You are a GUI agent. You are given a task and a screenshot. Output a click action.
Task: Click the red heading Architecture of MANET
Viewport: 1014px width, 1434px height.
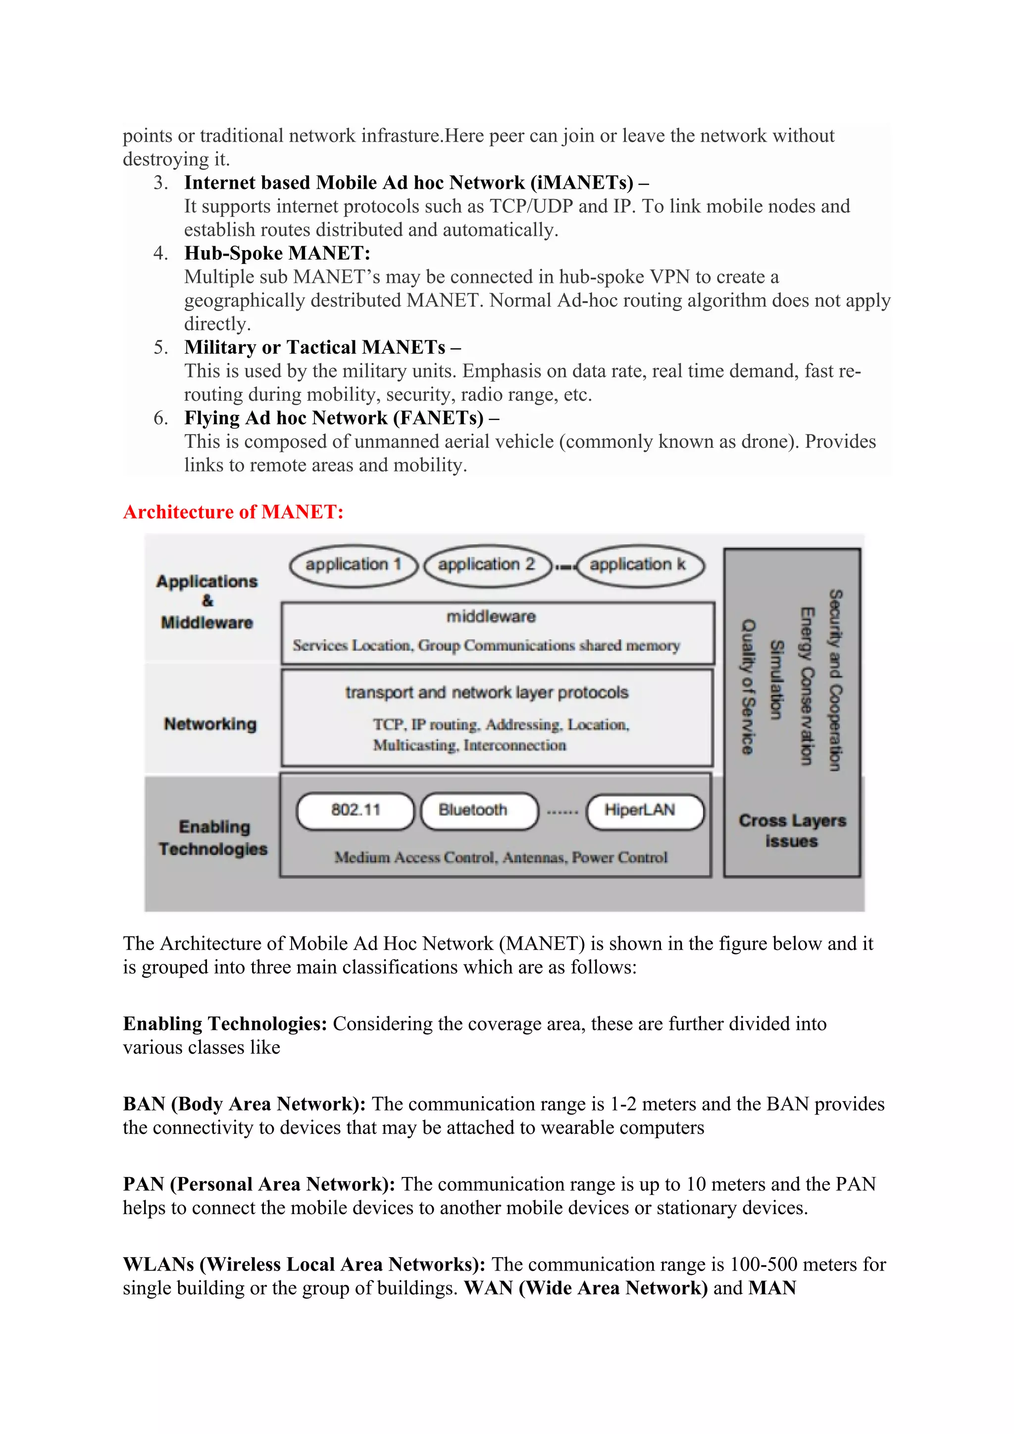(x=233, y=512)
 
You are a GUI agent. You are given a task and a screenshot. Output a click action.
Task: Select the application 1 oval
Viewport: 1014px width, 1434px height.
(x=354, y=565)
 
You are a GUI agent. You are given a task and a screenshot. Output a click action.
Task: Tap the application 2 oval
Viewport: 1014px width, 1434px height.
(x=487, y=565)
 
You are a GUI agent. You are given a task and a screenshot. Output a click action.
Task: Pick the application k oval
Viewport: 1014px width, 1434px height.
(x=639, y=565)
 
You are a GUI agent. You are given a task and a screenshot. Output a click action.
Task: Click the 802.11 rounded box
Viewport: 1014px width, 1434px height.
(x=355, y=811)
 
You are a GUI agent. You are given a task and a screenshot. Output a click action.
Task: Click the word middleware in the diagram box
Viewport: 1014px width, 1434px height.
(x=491, y=617)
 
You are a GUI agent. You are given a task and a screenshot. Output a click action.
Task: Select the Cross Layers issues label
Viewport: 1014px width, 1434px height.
(x=792, y=831)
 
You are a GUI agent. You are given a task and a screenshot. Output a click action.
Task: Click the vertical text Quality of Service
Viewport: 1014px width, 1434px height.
(x=748, y=687)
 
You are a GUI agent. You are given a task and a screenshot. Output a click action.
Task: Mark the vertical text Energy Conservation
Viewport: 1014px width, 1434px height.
(x=807, y=686)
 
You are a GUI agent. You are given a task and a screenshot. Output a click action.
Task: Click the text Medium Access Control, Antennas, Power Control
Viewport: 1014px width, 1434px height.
(x=501, y=857)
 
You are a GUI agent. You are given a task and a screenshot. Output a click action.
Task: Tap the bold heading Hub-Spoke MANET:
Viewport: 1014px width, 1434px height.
(x=277, y=254)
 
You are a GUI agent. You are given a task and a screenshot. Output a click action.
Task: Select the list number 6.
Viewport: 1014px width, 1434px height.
(x=160, y=418)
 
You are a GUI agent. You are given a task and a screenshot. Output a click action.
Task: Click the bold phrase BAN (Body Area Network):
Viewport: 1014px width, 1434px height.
(x=244, y=1104)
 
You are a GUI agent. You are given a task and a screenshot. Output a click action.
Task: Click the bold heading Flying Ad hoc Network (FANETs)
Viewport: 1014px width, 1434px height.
(x=334, y=418)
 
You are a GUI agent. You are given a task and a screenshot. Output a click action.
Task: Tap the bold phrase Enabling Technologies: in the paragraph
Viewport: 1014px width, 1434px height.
(x=225, y=1024)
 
